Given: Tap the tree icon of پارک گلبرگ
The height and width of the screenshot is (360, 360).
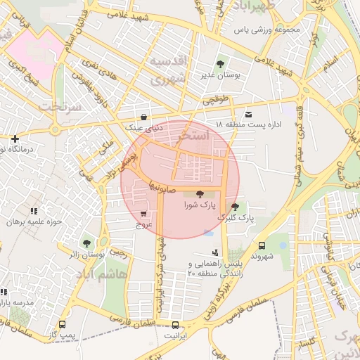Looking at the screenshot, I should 234,207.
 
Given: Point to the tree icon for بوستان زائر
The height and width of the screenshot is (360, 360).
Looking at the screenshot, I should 86,243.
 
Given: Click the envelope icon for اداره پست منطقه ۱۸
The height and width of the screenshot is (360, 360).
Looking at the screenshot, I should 247,114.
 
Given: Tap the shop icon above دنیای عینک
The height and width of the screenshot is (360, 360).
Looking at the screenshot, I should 144,117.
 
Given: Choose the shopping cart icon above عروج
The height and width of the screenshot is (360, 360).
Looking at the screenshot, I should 144,214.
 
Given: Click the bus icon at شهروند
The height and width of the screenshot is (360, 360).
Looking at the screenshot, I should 262,245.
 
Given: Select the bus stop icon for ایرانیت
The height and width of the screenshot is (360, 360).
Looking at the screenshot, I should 175,325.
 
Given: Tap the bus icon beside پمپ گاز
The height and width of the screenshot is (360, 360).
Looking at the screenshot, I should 63,325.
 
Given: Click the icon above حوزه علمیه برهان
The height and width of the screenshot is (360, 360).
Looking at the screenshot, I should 33,210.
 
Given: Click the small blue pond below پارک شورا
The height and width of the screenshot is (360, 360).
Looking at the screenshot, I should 208,233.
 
